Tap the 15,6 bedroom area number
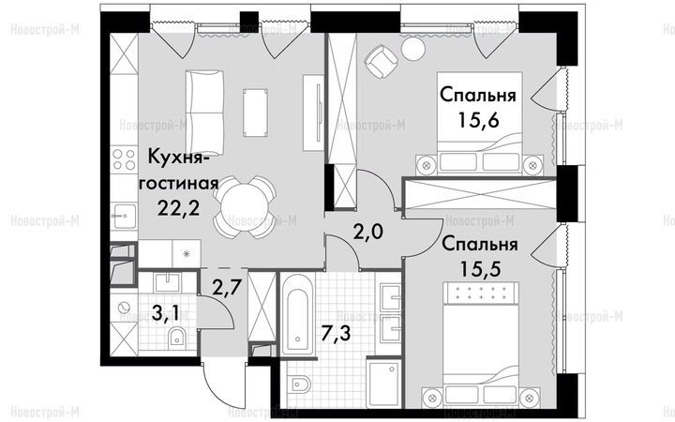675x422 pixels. click(x=478, y=120)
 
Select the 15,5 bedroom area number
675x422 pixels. click(x=480, y=269)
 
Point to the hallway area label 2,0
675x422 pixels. click(x=368, y=233)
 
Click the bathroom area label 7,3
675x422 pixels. click(x=337, y=332)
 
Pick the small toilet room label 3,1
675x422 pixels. click(x=166, y=313)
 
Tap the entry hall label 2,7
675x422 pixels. click(x=226, y=287)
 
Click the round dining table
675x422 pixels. click(x=244, y=206)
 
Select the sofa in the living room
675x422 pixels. click(x=205, y=113)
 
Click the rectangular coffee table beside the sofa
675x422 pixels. click(x=255, y=113)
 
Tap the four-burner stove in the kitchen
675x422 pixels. click(x=124, y=158)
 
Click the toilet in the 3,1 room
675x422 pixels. click(x=176, y=337)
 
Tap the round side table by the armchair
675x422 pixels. click(x=412, y=48)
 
